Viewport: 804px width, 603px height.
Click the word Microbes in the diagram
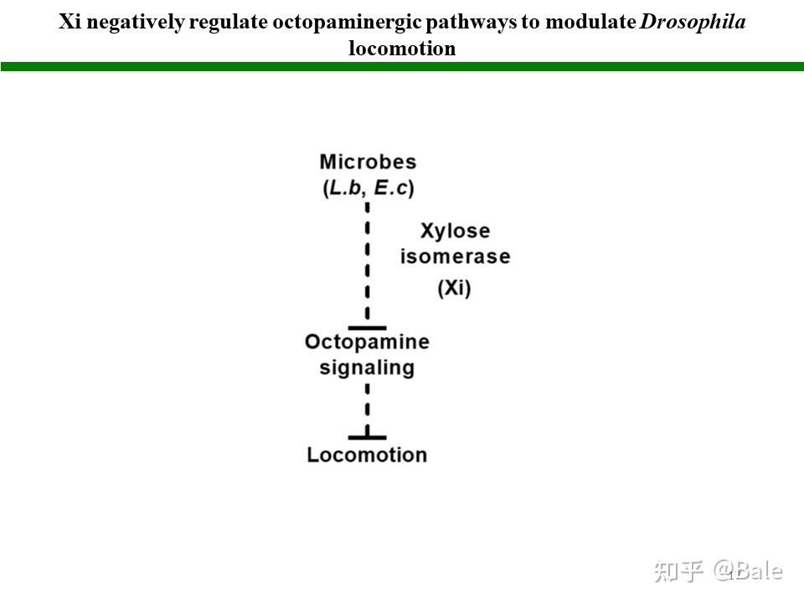[368, 162]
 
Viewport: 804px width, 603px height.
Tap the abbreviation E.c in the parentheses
[392, 188]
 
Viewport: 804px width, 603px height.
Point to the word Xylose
[455, 230]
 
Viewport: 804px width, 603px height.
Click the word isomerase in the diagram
[455, 256]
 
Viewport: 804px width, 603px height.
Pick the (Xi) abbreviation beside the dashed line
[455, 288]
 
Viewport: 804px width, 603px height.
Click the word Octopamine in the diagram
[367, 342]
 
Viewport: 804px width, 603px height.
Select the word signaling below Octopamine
[367, 368]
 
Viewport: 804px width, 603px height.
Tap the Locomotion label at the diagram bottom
[367, 455]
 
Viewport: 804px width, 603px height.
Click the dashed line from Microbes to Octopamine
[367, 260]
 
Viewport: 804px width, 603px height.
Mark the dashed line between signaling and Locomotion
[367, 408]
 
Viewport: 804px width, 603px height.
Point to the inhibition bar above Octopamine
[367, 327]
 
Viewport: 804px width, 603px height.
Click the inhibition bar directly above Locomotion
[367, 436]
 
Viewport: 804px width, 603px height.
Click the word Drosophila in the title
[693, 22]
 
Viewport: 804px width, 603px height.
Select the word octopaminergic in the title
[335, 22]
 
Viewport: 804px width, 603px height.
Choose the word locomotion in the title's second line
[402, 48]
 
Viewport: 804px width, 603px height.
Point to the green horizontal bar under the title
[402, 66]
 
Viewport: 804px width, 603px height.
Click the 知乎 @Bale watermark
[719, 571]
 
